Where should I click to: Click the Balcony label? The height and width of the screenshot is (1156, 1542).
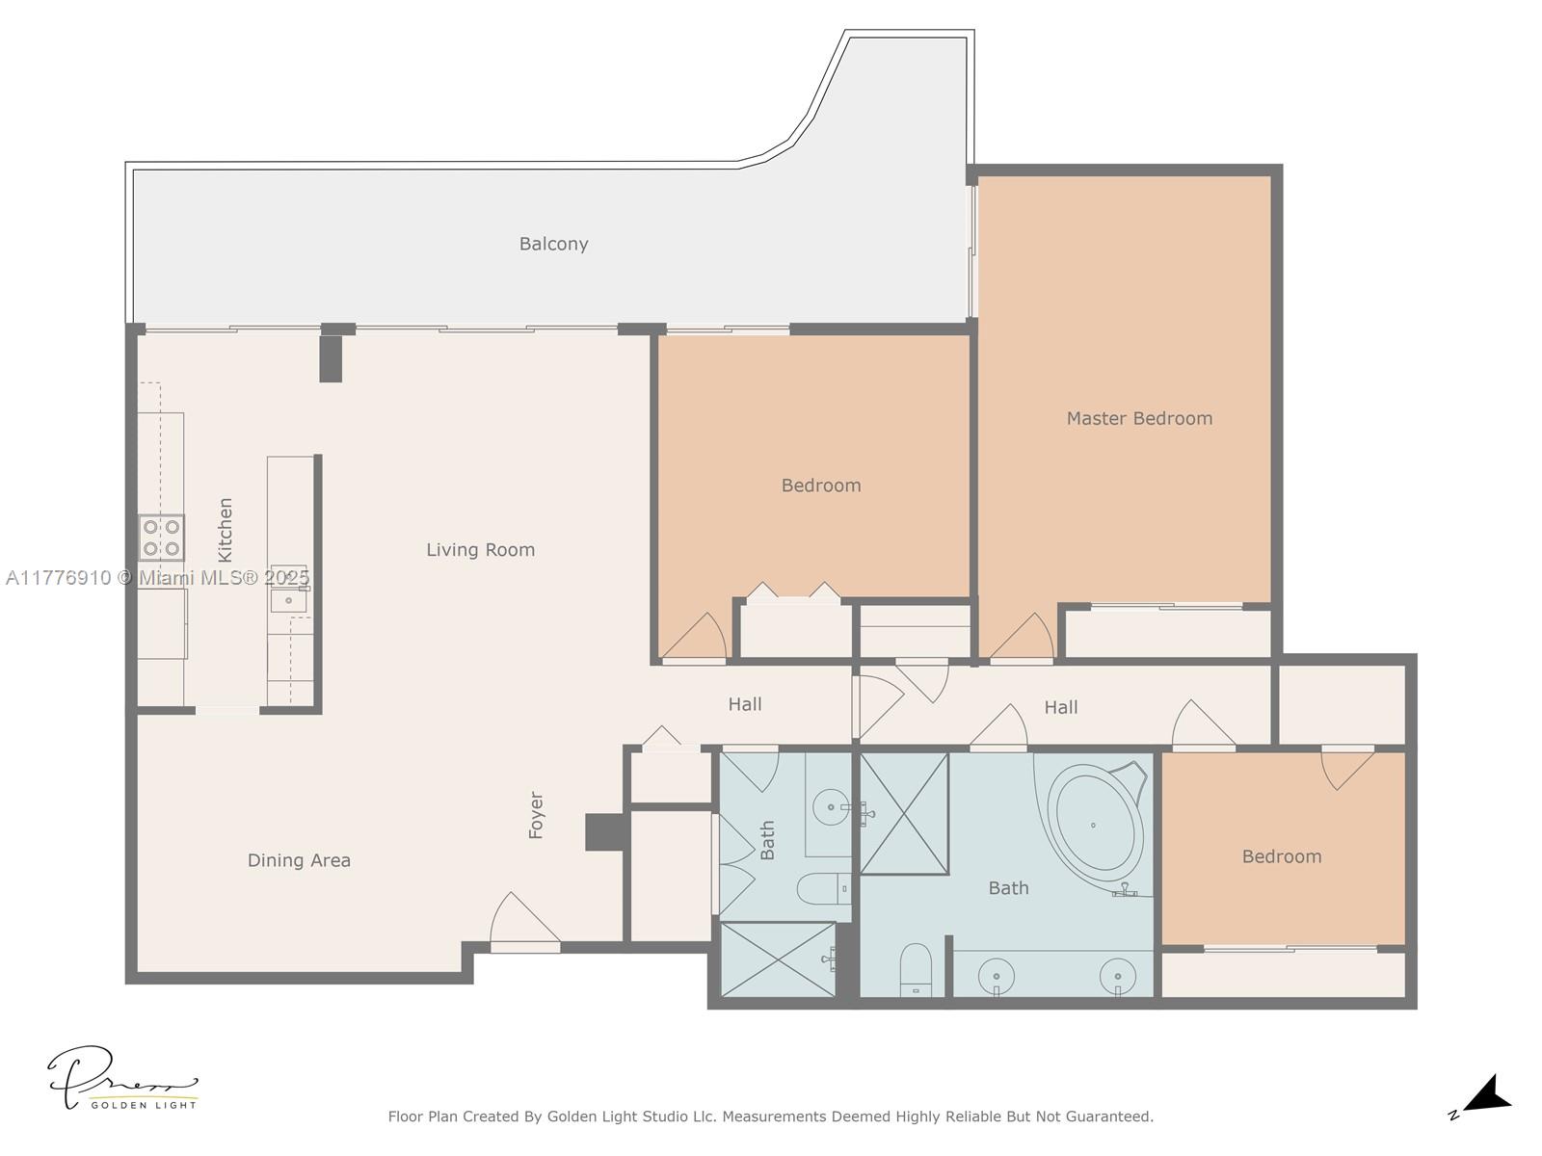[x=553, y=244]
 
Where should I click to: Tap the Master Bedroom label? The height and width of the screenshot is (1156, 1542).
[x=1139, y=418]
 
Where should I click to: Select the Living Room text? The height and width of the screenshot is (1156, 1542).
[x=480, y=550]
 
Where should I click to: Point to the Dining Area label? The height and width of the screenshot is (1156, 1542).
[x=299, y=860]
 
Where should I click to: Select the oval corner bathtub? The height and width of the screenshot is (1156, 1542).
[x=1095, y=826]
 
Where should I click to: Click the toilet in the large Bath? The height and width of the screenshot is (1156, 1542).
[x=916, y=968]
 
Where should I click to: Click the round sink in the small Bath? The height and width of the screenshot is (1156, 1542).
[x=830, y=806]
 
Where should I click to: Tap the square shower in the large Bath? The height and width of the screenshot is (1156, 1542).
[x=904, y=814]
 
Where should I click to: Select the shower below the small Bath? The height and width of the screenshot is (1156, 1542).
[x=779, y=959]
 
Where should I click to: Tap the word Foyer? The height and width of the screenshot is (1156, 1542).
[x=537, y=815]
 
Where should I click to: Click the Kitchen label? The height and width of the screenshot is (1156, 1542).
[x=226, y=530]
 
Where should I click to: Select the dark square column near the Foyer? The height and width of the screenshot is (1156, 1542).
[x=603, y=832]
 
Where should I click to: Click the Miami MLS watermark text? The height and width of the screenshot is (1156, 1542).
[x=157, y=578]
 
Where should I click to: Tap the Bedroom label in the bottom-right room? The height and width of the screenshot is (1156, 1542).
[x=1281, y=856]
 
